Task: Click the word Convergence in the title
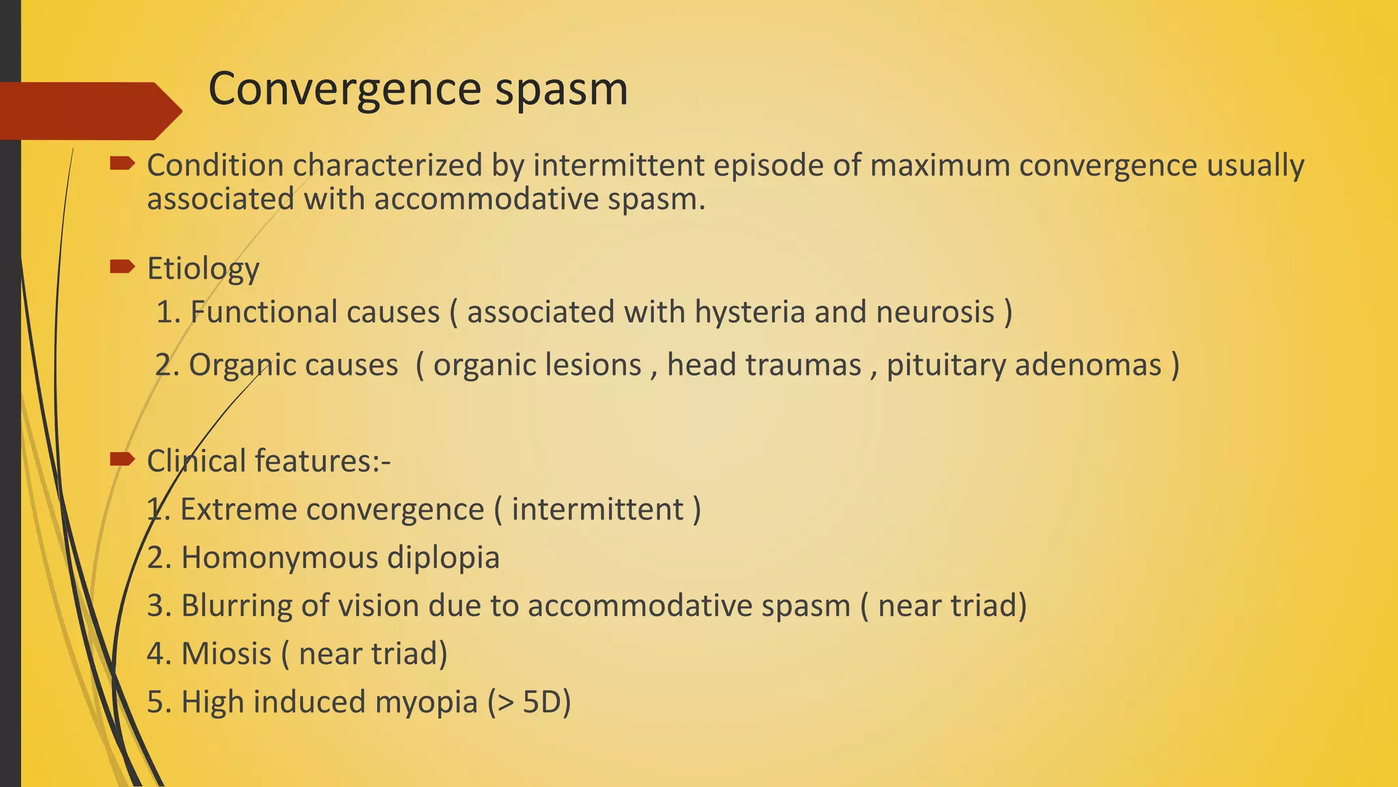tap(344, 89)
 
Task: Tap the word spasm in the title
tap(561, 89)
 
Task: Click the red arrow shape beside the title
tap(89, 111)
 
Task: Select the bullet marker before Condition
tap(122, 163)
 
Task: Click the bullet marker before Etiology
tap(122, 266)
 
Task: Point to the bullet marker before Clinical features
tap(122, 459)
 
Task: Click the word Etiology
tap(203, 269)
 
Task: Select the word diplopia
tap(443, 558)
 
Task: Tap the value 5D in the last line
tap(541, 702)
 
